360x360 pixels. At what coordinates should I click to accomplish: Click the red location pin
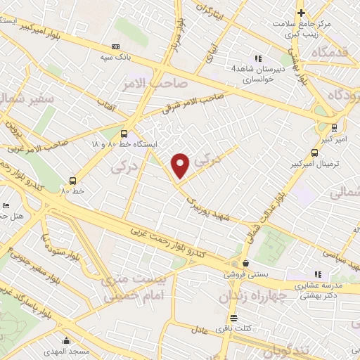181,165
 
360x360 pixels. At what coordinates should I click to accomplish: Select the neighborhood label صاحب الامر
161,84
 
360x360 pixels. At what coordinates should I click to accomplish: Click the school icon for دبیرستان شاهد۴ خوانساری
258,58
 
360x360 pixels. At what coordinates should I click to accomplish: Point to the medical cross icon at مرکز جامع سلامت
300,13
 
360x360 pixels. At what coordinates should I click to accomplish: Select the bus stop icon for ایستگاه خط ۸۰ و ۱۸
124,133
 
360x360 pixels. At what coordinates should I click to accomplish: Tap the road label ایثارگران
212,15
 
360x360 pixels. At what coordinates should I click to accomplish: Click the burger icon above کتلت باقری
232,317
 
